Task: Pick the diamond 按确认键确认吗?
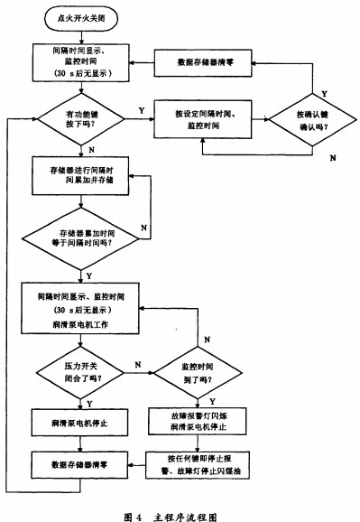311,119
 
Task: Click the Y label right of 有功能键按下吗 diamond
140,110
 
